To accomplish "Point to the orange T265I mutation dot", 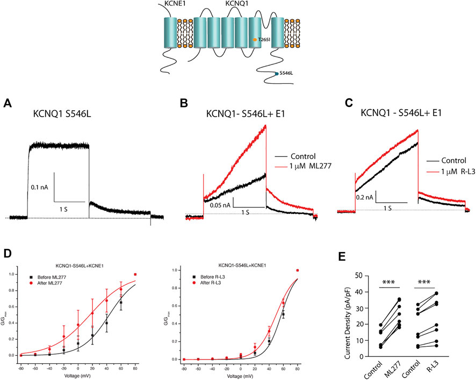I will (255, 40).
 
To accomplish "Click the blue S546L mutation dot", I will (276, 74).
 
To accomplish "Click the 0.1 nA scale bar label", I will (42, 173).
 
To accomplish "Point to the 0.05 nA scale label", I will (219, 205).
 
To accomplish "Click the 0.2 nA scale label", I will (365, 197).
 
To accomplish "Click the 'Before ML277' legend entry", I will (46, 276).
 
